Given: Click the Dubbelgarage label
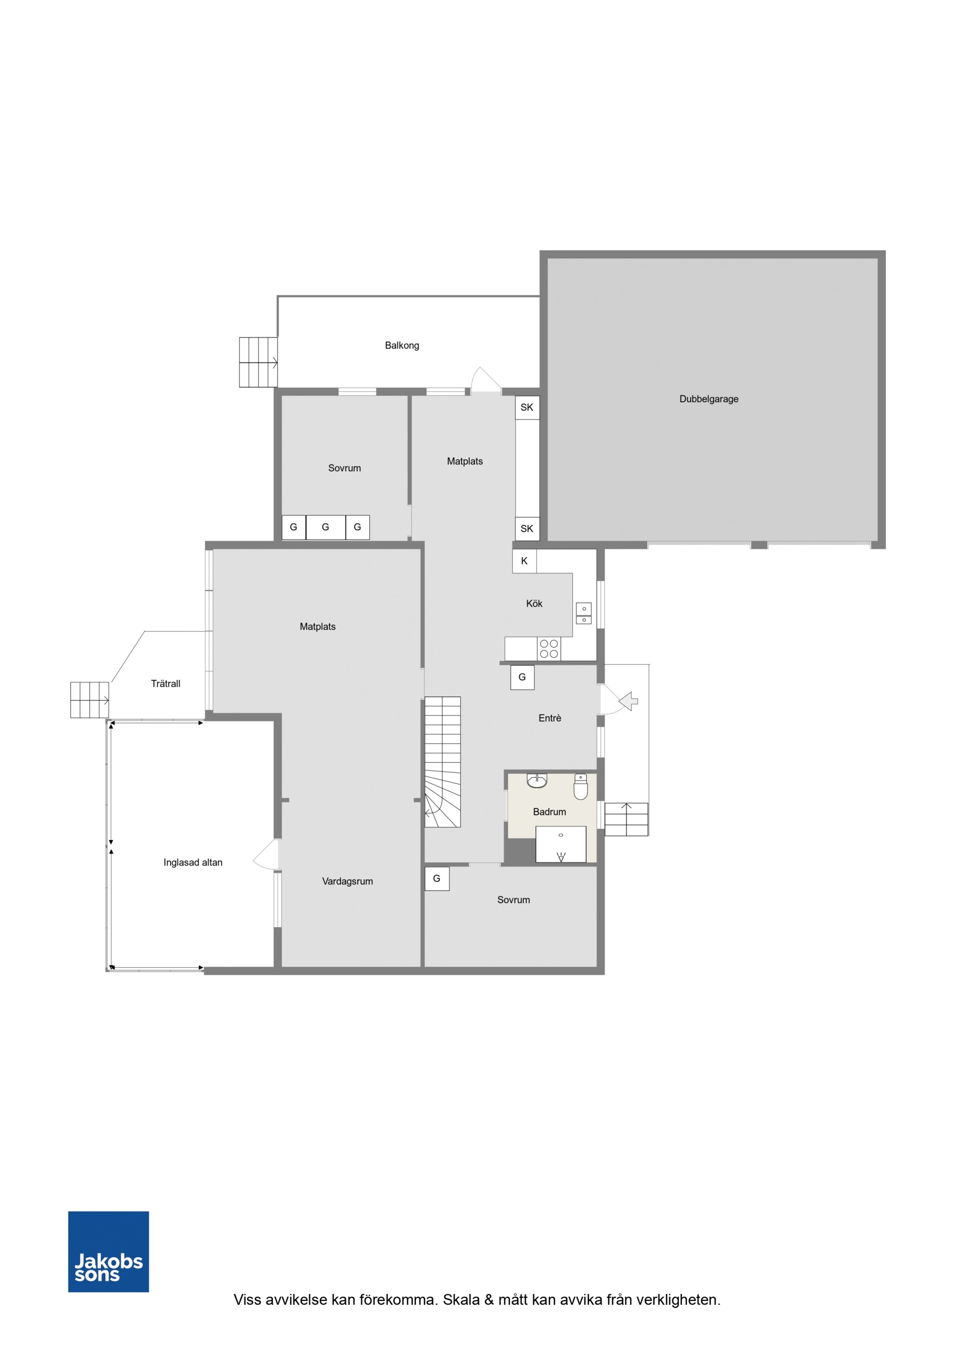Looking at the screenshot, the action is point(709,399).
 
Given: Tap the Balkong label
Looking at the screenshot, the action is point(402,345).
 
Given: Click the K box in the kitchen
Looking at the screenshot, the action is point(524,561).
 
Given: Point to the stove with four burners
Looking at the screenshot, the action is point(549,649).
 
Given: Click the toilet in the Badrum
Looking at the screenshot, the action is point(581,786).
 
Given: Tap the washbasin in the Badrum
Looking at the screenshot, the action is point(537,780).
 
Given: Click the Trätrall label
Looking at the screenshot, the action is point(166,684).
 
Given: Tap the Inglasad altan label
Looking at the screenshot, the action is point(193,862).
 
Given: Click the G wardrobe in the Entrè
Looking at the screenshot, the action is point(522,677).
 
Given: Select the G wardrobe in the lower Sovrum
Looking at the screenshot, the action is point(436,878).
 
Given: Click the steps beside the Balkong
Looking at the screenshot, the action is point(258,362).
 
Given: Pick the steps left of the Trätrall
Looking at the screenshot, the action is point(90,700).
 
